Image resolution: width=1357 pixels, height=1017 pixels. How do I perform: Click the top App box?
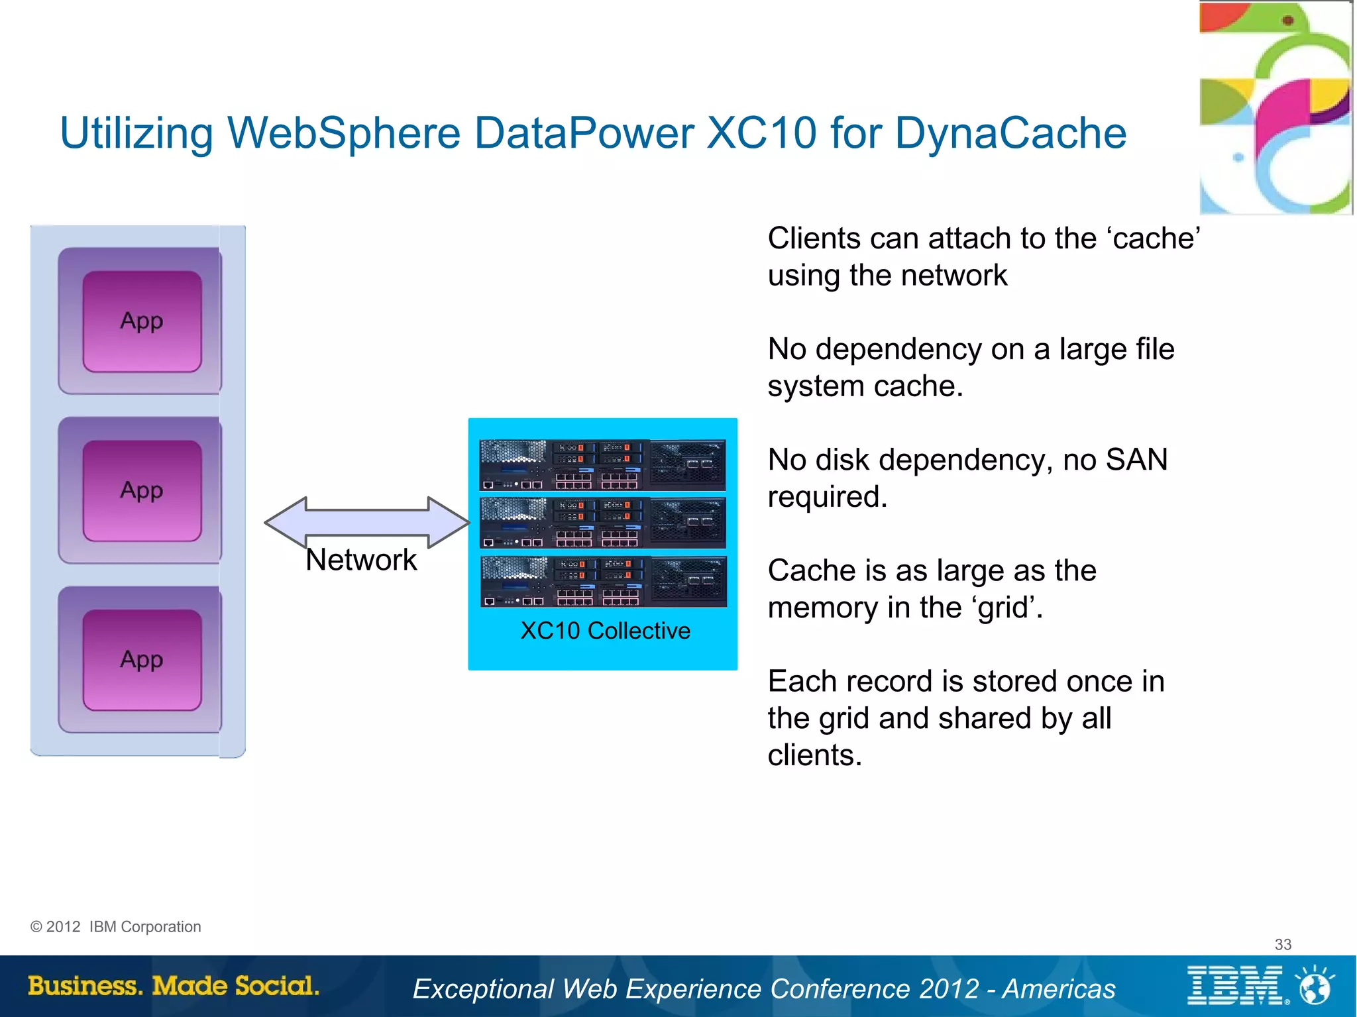click(x=142, y=321)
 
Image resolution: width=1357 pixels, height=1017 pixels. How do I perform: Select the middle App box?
click(x=142, y=491)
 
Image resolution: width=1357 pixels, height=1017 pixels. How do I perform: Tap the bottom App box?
click(x=142, y=661)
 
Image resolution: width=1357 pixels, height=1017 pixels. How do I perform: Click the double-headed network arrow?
click(x=366, y=522)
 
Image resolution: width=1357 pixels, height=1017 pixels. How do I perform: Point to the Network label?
click(x=361, y=560)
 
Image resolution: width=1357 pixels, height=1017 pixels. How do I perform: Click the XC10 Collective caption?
click(x=605, y=630)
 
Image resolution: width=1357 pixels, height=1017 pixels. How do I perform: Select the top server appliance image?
click(x=602, y=464)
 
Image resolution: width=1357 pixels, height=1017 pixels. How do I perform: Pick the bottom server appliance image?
click(x=603, y=582)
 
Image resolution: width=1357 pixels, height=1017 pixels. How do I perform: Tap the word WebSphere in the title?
click(x=344, y=133)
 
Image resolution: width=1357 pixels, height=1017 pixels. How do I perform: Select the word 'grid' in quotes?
click(x=1006, y=608)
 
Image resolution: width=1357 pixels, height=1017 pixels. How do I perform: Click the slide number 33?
click(x=1283, y=944)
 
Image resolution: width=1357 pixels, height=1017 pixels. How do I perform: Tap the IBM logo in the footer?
click(x=1236, y=985)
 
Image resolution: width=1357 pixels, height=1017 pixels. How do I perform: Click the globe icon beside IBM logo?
click(x=1315, y=987)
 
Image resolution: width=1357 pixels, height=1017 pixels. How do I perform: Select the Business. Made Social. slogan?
click(x=174, y=986)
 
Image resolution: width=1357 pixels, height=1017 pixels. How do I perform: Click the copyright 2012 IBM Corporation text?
click(x=116, y=926)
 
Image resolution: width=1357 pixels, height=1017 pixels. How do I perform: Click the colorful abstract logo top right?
click(x=1276, y=108)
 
